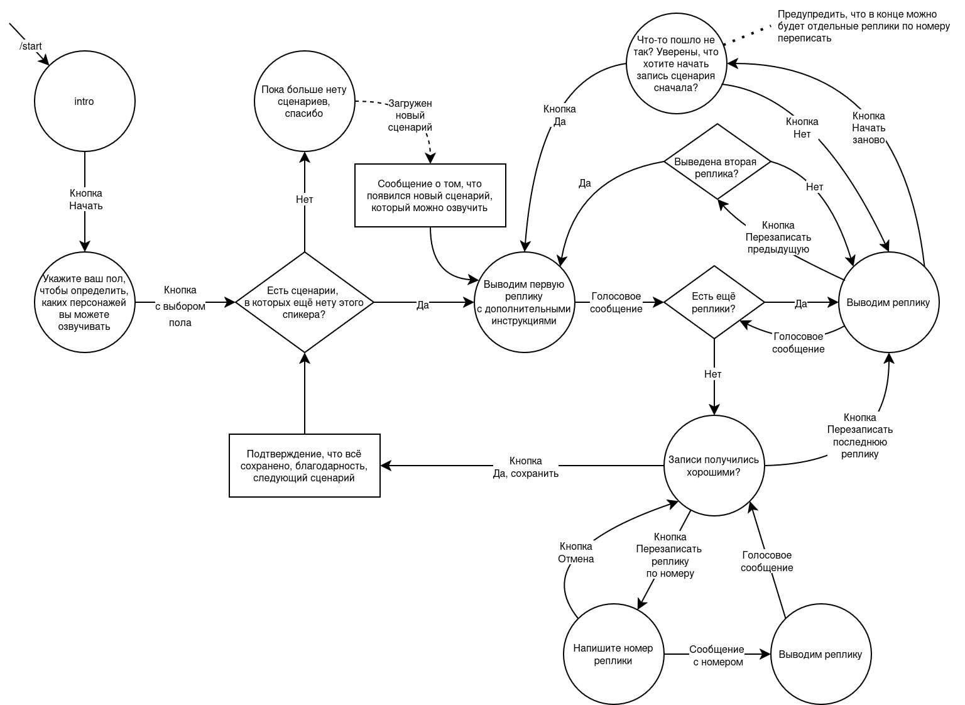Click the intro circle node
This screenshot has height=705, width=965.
point(84,102)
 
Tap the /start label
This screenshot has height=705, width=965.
point(31,46)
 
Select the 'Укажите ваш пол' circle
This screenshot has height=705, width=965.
point(84,302)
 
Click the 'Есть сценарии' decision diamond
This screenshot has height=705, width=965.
point(304,302)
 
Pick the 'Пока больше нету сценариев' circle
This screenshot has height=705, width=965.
point(304,102)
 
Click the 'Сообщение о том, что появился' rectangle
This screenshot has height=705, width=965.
point(430,195)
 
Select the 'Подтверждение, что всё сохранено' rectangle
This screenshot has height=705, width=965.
point(304,466)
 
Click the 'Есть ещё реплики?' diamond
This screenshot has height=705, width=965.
point(714,302)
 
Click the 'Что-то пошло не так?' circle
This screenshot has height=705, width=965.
point(676,64)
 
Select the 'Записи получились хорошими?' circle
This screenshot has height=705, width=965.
point(714,466)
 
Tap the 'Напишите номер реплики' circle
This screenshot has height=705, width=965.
point(613,654)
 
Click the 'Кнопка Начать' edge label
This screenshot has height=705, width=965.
point(85,200)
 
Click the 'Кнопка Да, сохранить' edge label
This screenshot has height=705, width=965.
point(526,467)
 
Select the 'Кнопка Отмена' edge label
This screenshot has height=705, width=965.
point(576,552)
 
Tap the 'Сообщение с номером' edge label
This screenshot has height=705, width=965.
point(717,655)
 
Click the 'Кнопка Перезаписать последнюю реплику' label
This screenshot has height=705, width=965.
point(859,435)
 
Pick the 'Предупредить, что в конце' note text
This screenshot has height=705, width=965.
point(863,26)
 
